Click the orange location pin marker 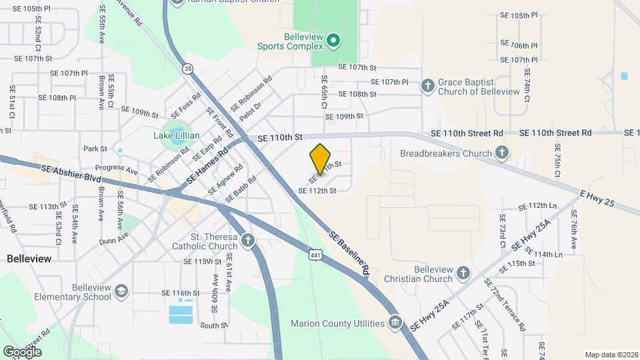(x=320, y=159)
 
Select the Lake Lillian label (x=172, y=136)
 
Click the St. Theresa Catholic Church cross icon (x=248, y=240)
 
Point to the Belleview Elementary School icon (x=121, y=291)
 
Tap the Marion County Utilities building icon (x=395, y=323)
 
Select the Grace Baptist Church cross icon (x=428, y=85)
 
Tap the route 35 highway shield (x=188, y=68)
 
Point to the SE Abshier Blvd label (x=71, y=174)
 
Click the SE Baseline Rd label (x=349, y=253)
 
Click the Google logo (x=22, y=351)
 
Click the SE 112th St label (x=317, y=191)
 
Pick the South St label (x=214, y=325)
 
